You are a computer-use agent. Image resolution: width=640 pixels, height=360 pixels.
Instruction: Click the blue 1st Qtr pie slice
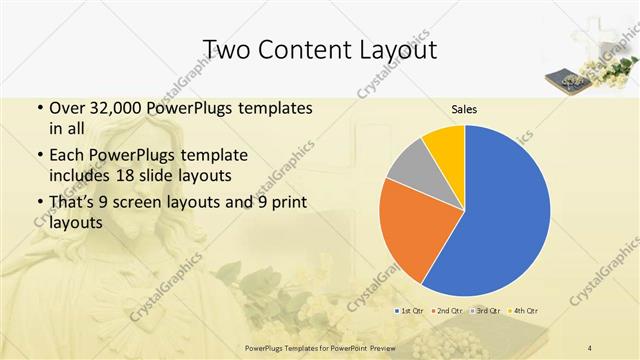500,210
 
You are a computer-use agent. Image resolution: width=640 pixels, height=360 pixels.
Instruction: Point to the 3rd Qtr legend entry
487,311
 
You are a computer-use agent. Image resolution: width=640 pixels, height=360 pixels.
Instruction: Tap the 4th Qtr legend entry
526,311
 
